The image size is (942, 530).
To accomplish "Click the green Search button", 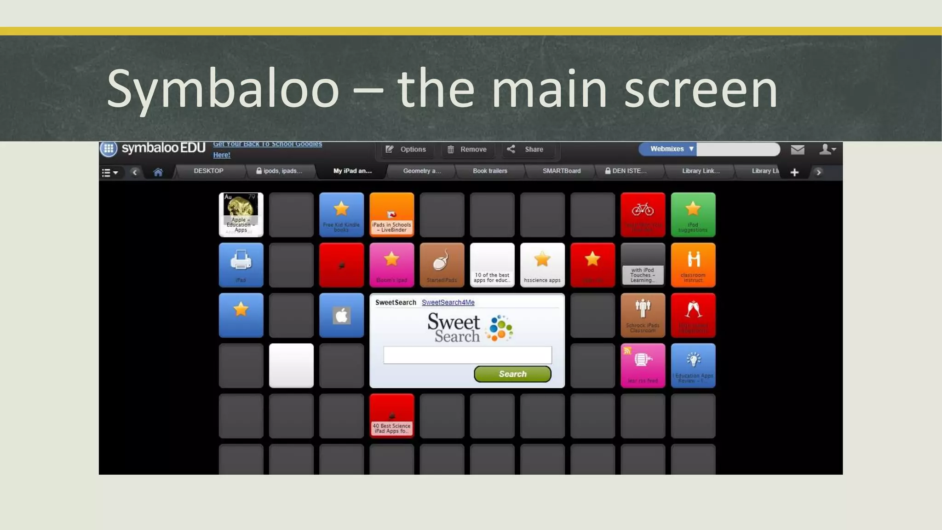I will pyautogui.click(x=512, y=374).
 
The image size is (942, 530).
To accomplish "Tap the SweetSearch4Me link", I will pyautogui.click(x=448, y=302).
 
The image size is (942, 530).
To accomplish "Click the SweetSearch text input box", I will pyautogui.click(x=467, y=355).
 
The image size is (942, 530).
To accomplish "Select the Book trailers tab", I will pyautogui.click(x=490, y=171).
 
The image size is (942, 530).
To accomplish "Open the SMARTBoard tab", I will pyautogui.click(x=561, y=171).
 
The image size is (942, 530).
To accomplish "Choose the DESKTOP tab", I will pyautogui.click(x=208, y=171).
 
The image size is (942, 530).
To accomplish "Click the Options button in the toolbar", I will pyautogui.click(x=406, y=150).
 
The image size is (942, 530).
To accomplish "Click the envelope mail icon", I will pyautogui.click(x=798, y=150).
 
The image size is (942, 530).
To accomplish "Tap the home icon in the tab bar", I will pyautogui.click(x=158, y=173).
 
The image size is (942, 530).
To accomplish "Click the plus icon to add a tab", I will pyautogui.click(x=794, y=173).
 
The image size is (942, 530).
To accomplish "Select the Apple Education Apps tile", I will pyautogui.click(x=241, y=215).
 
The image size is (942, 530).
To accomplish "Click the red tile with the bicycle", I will pyautogui.click(x=643, y=215).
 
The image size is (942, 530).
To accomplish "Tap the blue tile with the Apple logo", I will pyautogui.click(x=341, y=316).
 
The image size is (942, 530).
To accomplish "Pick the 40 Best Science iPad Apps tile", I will pyautogui.click(x=392, y=416).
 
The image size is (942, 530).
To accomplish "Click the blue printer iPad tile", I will pyautogui.click(x=241, y=265).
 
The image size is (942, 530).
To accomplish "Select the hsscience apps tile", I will pyautogui.click(x=542, y=265).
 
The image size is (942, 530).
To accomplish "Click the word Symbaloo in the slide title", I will pyautogui.click(x=223, y=90).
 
